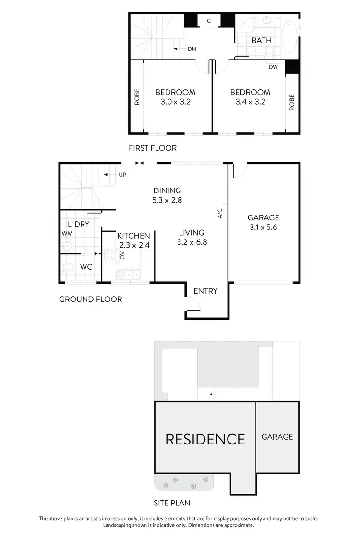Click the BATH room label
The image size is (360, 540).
point(262,40)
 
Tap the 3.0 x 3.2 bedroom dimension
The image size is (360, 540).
point(175,102)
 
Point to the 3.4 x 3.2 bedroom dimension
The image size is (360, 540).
point(250,102)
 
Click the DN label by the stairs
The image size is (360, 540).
point(192,49)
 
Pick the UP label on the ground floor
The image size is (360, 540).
point(122,175)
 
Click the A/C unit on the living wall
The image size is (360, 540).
point(224,214)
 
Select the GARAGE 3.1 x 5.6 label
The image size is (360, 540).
point(263,223)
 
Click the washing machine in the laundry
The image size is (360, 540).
point(67,247)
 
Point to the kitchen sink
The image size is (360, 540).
point(128,275)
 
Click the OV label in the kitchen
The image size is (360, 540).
point(122,255)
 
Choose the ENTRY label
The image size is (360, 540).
point(205,291)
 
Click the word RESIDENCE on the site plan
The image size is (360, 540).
point(205,439)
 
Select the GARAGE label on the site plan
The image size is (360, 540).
point(277,437)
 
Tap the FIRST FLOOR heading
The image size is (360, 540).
point(152,148)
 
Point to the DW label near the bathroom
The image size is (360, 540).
point(273,67)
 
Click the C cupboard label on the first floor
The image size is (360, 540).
point(209,21)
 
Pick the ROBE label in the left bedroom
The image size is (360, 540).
point(137,96)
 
